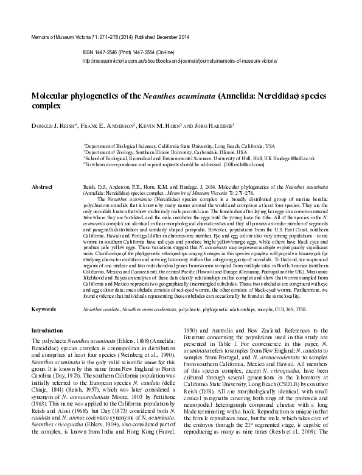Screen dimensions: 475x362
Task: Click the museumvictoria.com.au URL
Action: coord(179,62)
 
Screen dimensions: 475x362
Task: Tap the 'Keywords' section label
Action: coord(43,309)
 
